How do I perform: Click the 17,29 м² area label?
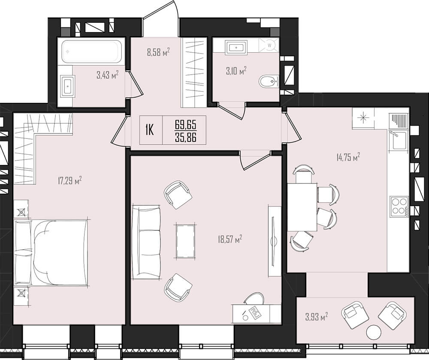tap(70, 180)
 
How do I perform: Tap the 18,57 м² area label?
tap(230, 240)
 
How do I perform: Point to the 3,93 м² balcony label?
tap(317, 317)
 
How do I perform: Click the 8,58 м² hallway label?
tap(159, 52)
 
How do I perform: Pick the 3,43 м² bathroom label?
tap(108, 75)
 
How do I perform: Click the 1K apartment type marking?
tap(149, 130)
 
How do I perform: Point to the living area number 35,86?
tap(185, 137)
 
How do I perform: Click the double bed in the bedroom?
tap(51, 253)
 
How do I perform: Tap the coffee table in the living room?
tap(185, 240)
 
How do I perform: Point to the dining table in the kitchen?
tap(302, 207)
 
